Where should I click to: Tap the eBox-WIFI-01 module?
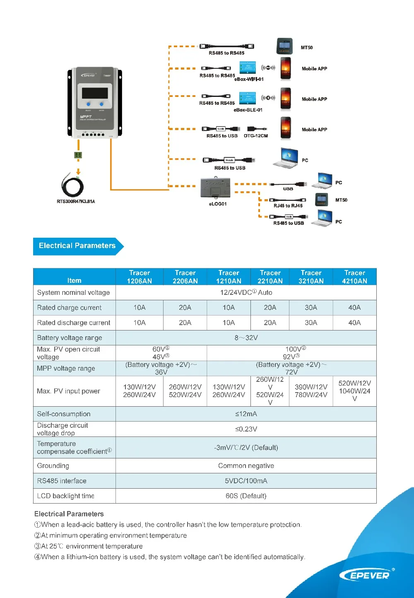(248, 68)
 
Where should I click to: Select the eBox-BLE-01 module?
(248, 98)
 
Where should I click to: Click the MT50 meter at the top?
(284, 46)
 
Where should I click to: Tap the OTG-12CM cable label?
(255, 136)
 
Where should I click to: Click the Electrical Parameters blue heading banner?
(77, 246)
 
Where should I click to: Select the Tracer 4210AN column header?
(354, 277)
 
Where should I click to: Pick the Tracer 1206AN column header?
(140, 277)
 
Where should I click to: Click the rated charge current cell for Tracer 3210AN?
(311, 308)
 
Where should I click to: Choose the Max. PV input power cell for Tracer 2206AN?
(185, 391)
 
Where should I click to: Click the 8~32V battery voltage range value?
(246, 338)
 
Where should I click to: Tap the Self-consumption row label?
(64, 414)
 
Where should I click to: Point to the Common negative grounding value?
(246, 466)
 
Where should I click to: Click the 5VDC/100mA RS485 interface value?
(246, 481)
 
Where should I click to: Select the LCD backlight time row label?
(66, 496)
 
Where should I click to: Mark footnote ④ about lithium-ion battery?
(170, 557)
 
